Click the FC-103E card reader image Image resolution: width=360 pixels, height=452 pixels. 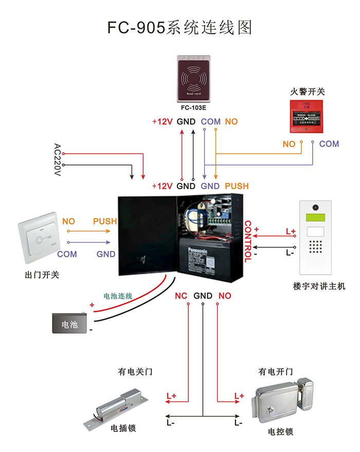coord(193,78)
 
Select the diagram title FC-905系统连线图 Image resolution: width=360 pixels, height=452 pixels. coord(180,27)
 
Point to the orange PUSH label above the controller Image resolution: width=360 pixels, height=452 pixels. coord(237,186)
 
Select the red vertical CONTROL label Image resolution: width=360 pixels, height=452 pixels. coord(248,242)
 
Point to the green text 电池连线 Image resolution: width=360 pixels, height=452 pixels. coord(118,296)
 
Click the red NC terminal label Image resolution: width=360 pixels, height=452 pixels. coord(181,296)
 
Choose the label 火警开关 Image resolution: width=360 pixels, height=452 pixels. coord(308,92)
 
